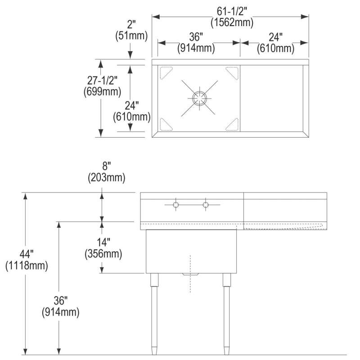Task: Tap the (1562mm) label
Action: pyautogui.click(x=232, y=22)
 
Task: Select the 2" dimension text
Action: pyautogui.click(x=131, y=25)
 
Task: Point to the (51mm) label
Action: pyautogui.click(x=131, y=36)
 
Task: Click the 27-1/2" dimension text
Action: pyautogui.click(x=102, y=81)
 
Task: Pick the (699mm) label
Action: pyautogui.click(x=102, y=92)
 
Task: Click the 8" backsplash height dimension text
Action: pyautogui.click(x=107, y=166)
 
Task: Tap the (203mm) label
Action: pyautogui.click(x=107, y=177)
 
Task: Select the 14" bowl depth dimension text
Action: pyautogui.click(x=103, y=242)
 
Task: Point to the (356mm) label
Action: pyautogui.click(x=103, y=254)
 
